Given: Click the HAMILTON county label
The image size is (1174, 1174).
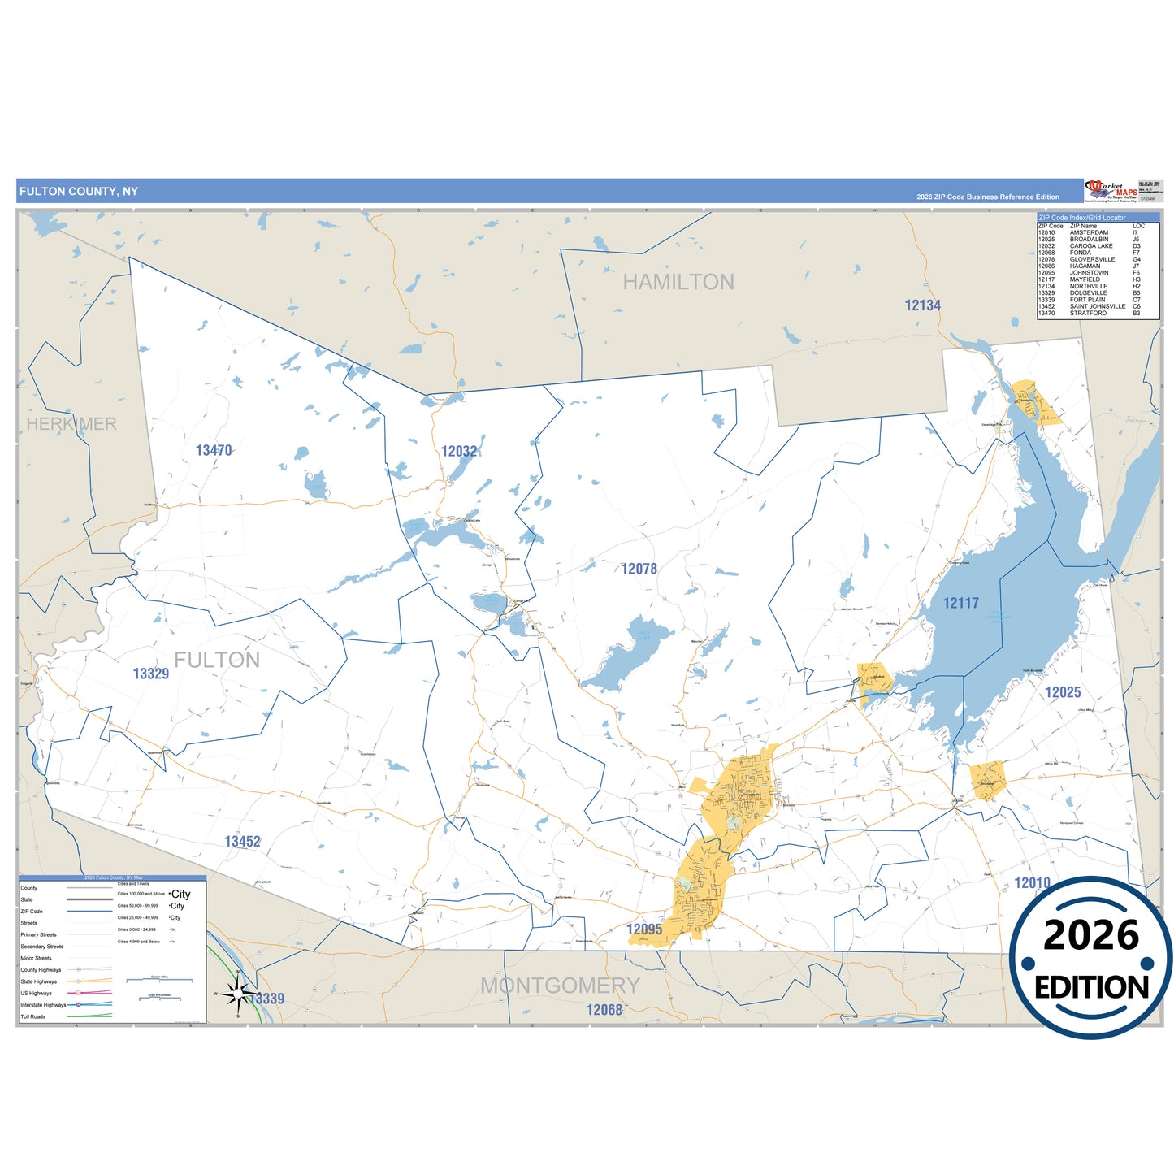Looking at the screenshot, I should point(678,282).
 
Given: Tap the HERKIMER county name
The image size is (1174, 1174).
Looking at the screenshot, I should point(71,424).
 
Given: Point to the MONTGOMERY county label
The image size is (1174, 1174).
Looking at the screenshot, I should point(560,986).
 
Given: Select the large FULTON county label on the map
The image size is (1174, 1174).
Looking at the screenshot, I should point(217,660).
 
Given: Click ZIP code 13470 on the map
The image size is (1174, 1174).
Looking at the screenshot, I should point(214,450).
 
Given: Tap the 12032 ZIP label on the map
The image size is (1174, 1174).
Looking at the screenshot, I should point(459,451).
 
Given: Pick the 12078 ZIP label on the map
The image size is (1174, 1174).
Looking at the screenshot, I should point(639,569).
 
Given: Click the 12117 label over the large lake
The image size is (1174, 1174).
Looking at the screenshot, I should point(960,603).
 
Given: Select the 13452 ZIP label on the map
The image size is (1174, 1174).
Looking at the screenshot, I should point(242,842).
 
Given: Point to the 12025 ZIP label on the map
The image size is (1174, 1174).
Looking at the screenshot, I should point(1063,692).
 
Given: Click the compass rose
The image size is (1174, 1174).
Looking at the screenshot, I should point(237,993).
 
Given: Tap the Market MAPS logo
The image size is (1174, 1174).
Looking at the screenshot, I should point(1111,191).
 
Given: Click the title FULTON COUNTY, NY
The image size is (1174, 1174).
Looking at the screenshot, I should point(79,192).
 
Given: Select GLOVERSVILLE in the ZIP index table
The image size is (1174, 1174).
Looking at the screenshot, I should point(1092,260).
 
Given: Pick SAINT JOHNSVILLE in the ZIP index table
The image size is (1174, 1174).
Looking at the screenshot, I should point(1097,306).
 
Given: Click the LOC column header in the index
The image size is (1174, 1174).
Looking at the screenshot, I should point(1138,226).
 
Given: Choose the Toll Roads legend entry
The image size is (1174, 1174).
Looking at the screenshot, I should point(33,1016).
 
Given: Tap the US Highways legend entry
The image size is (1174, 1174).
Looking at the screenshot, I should point(37,993).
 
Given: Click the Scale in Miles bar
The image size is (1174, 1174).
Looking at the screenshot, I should point(159,980).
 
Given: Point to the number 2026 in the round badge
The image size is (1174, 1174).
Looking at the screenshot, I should point(1090,935).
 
